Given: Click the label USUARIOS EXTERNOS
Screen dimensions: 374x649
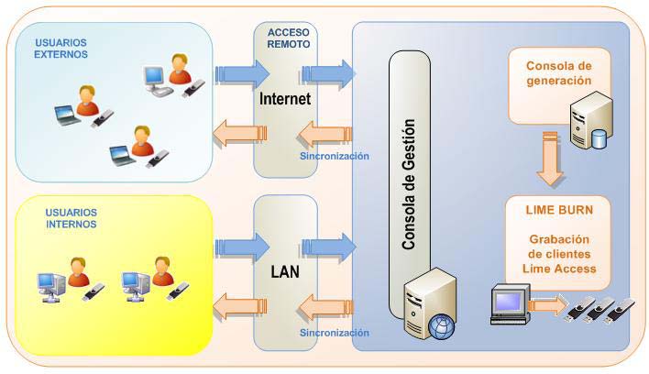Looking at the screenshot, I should [x=61, y=48].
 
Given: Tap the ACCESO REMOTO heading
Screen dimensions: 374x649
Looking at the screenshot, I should [x=288, y=38].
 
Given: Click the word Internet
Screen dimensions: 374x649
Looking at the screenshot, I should [x=286, y=98].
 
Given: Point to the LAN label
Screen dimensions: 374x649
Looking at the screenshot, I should [x=286, y=272].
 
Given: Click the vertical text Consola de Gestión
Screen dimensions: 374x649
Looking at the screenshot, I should [x=411, y=183].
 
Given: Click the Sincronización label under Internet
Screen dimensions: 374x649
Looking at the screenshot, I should [x=335, y=157].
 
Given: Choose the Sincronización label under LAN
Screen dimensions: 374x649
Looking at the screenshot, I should [x=335, y=332].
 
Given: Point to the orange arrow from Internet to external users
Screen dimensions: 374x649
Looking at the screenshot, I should [x=237, y=137].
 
